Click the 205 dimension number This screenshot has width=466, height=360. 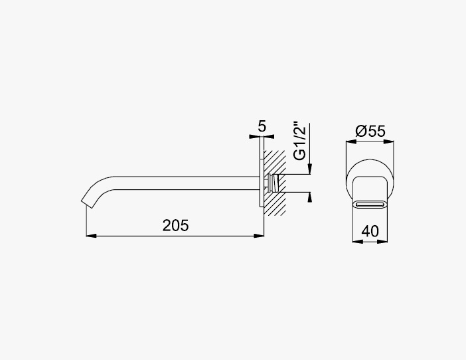click(175, 225)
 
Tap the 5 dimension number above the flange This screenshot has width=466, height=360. click(262, 127)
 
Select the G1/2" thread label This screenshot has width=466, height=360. click(299, 141)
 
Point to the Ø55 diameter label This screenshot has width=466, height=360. click(370, 131)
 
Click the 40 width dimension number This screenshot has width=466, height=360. click(370, 231)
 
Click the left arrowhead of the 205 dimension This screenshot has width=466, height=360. click(91, 236)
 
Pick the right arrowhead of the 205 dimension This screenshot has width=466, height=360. click(259, 236)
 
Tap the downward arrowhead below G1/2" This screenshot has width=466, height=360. click(310, 169)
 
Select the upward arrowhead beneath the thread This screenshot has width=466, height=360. click(310, 197)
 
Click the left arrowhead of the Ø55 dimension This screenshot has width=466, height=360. click(351, 141)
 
